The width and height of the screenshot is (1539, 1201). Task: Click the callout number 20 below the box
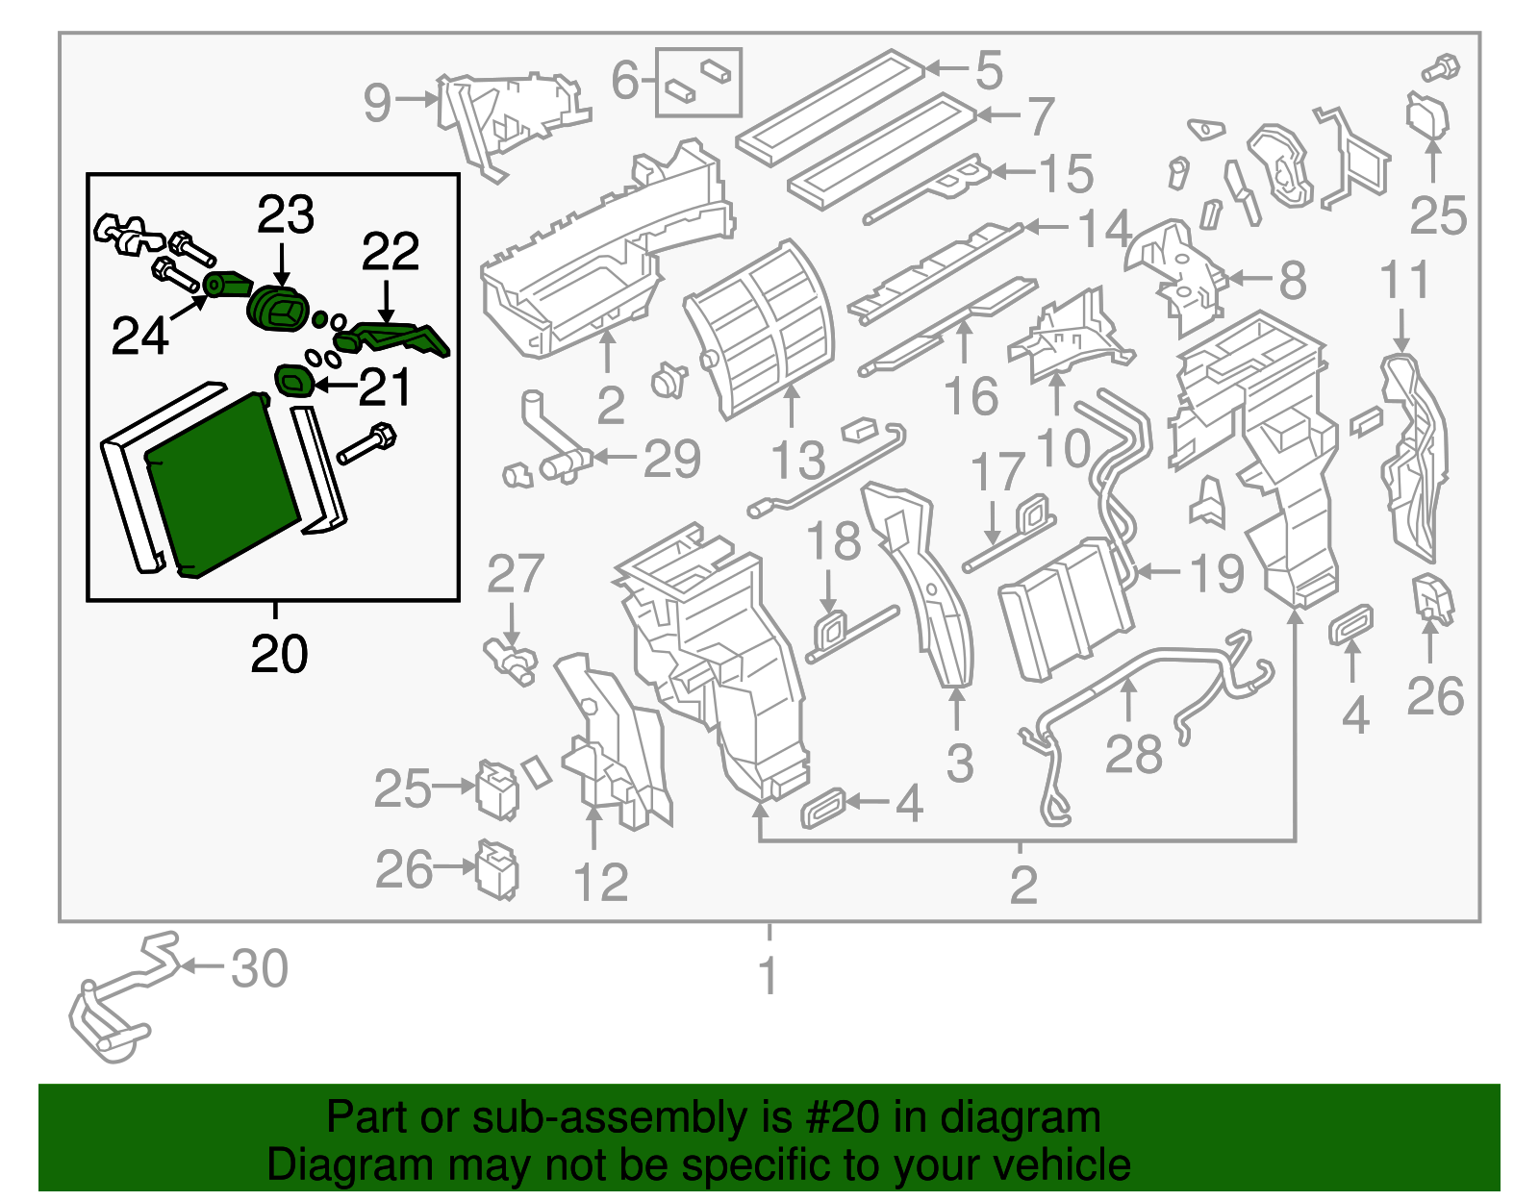279,654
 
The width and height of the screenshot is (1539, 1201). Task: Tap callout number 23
285,214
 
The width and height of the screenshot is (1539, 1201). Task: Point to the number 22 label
391,252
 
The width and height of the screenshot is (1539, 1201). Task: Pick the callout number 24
140,337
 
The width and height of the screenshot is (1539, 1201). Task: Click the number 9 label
377,102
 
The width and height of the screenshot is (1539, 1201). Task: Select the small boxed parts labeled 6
698,81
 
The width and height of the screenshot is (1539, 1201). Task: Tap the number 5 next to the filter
989,70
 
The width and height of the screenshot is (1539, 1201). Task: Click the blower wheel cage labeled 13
760,327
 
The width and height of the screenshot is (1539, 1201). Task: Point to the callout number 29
671,460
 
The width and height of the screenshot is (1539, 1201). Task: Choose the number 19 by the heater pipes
1217,574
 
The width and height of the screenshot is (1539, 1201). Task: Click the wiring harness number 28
1133,754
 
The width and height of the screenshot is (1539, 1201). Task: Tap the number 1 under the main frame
768,976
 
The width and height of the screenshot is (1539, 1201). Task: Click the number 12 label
600,883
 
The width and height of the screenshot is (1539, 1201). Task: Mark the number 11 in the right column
1405,281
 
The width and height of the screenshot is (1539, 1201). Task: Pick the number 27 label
516,575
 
